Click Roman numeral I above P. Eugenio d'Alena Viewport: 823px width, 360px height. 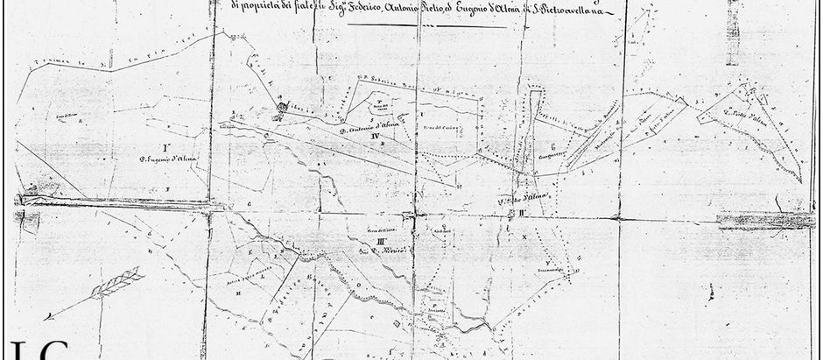click(x=164, y=145)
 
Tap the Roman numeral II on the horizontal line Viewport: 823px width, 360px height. click(x=522, y=212)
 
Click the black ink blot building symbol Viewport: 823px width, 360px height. click(x=282, y=109)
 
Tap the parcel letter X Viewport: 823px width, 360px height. click(x=524, y=236)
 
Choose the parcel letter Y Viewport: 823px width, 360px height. click(x=547, y=262)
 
